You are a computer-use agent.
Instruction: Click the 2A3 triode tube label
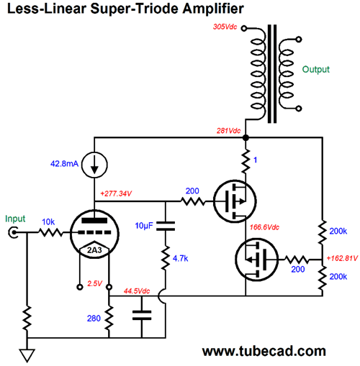pos(94,250)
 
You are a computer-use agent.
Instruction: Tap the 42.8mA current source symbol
pos(94,165)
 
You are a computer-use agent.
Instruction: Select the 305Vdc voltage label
pos(225,27)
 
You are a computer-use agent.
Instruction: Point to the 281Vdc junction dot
pos(246,138)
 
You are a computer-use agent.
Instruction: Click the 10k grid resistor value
pos(48,222)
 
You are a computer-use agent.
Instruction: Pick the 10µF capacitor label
pos(144,226)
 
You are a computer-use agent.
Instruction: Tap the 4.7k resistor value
pos(180,258)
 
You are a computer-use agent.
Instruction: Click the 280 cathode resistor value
pos(94,319)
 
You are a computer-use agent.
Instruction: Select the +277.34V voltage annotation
pos(116,193)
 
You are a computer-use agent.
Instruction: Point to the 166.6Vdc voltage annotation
pos(264,227)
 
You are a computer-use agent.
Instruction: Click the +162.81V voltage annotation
pos(342,258)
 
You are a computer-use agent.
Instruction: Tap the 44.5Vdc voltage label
pos(137,291)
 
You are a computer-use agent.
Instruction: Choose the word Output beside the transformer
pos(316,69)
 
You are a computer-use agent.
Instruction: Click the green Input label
pos(15,219)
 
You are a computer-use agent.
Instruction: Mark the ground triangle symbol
pos(27,355)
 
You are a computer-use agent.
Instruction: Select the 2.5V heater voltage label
pos(94,283)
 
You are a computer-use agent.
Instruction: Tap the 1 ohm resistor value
pos(255,160)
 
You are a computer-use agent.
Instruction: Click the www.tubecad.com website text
pos(264,351)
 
